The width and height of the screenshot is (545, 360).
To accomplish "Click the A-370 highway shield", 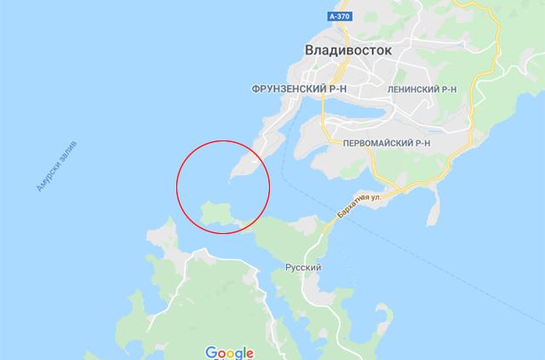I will click(x=339, y=16).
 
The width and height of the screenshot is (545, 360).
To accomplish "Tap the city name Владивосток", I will click(x=348, y=51).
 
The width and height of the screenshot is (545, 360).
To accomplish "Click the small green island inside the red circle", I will click(x=216, y=213).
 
